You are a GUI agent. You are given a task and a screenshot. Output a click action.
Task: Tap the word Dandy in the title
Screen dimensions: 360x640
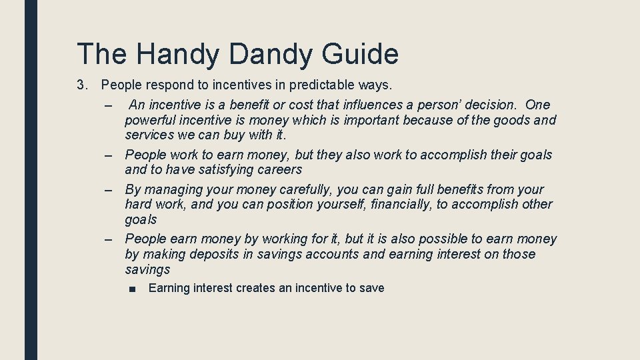tap(269, 54)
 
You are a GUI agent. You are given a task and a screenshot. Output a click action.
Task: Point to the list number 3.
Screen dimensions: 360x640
tap(82, 85)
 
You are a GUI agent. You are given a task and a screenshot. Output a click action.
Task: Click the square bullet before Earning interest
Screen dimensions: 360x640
tap(134, 289)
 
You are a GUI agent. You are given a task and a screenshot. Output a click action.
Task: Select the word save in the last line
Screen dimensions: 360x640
tap(371, 288)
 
